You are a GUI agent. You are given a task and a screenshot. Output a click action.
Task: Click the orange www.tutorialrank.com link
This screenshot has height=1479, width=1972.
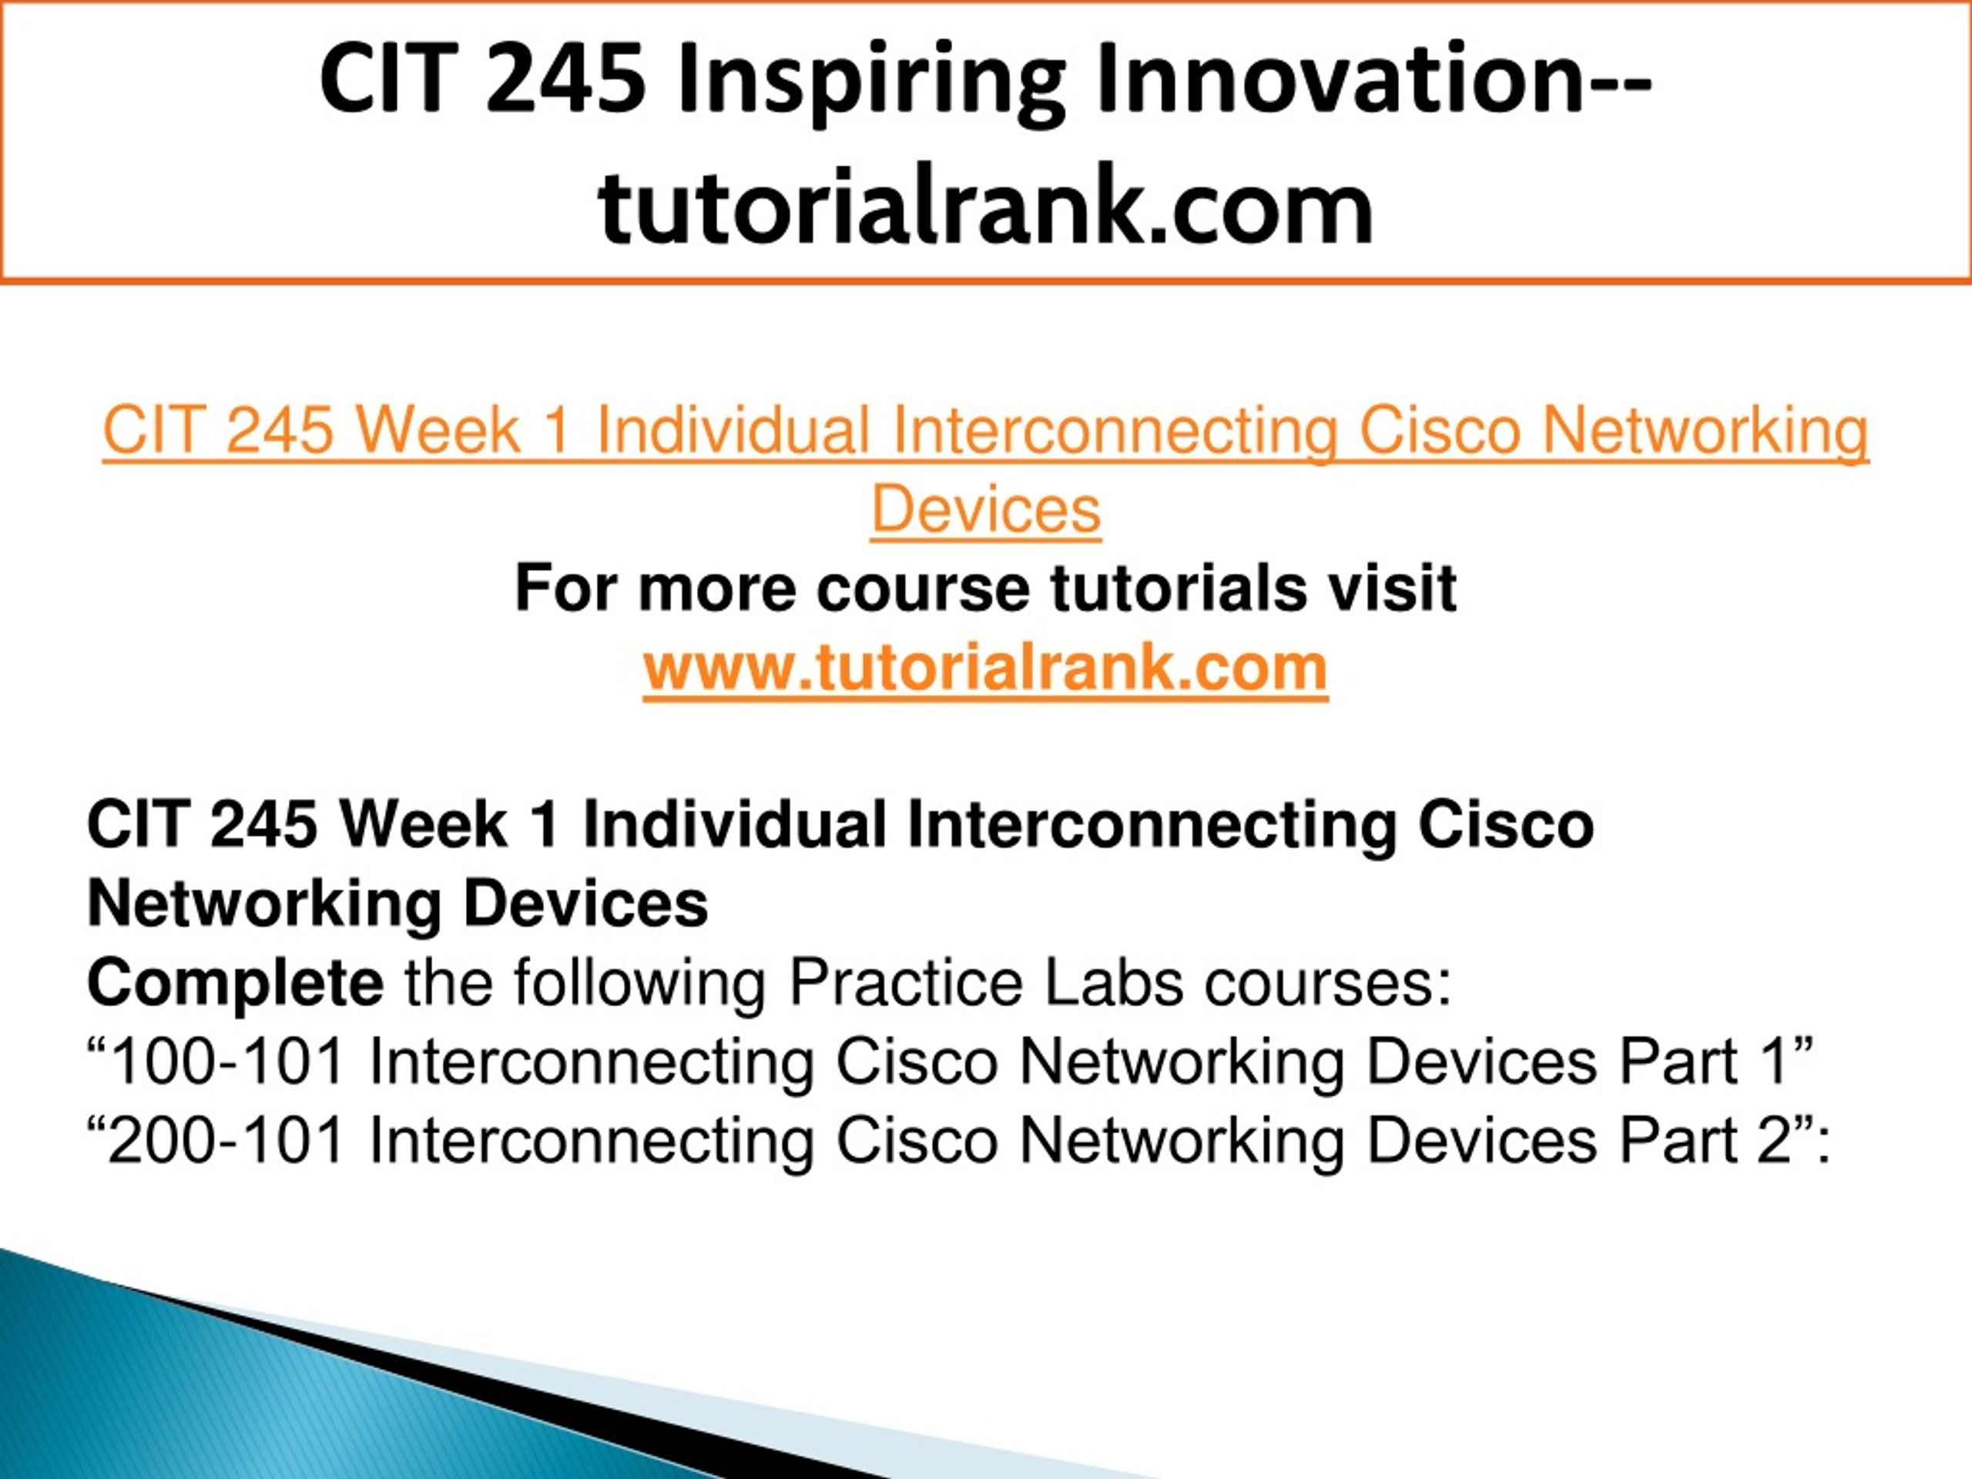(x=986, y=667)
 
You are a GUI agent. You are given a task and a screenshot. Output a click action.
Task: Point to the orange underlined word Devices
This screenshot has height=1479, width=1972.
(x=986, y=510)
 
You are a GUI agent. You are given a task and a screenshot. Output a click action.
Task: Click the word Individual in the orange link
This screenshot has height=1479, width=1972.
(x=733, y=431)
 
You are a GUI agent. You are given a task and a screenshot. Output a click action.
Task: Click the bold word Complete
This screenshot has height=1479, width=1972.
(x=236, y=984)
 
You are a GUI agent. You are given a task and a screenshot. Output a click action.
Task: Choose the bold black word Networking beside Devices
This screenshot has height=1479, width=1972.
(x=264, y=906)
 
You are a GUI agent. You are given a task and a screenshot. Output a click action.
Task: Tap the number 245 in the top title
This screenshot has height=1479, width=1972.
(x=565, y=80)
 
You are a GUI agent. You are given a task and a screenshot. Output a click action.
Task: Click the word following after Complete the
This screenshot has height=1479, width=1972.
(x=639, y=984)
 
